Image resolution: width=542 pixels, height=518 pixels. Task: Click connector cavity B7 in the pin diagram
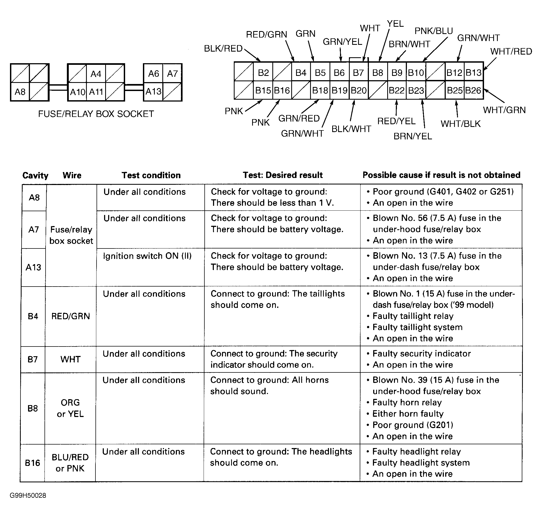358,73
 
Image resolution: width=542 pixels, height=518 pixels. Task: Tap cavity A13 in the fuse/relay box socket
153,91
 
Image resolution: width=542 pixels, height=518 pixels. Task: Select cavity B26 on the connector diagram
473,90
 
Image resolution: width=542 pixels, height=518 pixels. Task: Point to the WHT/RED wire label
511,51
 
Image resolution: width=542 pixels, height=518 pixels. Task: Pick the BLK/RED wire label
223,49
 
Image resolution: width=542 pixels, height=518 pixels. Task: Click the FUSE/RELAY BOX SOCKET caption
96,114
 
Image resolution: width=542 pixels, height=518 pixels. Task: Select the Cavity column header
35,175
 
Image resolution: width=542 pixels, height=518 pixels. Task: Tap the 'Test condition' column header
151,175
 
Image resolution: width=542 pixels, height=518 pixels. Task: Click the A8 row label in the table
34,198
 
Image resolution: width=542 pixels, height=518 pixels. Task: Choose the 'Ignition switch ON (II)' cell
147,256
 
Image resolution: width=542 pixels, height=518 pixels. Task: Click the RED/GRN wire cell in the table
71,316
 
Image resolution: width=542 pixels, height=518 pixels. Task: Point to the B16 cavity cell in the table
33,463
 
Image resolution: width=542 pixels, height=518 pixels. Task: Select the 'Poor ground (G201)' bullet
413,425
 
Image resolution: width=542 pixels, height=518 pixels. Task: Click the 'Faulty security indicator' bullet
421,354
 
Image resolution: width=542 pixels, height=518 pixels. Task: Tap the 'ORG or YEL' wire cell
70,408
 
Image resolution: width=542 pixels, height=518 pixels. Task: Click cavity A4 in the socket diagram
96,74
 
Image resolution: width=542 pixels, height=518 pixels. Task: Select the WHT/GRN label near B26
504,110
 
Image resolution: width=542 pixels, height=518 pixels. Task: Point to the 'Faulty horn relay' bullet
407,403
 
